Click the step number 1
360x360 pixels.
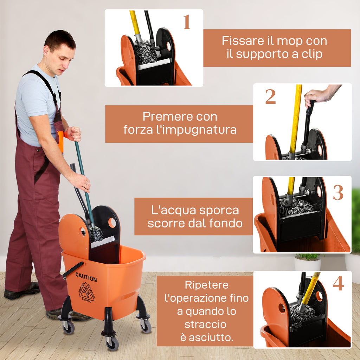click(187, 22)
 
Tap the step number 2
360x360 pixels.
click(270, 97)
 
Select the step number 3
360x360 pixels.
click(338, 193)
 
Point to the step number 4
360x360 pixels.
click(338, 284)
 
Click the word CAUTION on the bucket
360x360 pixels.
click(86, 277)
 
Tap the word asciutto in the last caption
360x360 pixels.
click(211, 338)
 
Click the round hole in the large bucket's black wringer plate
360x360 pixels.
click(112, 223)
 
